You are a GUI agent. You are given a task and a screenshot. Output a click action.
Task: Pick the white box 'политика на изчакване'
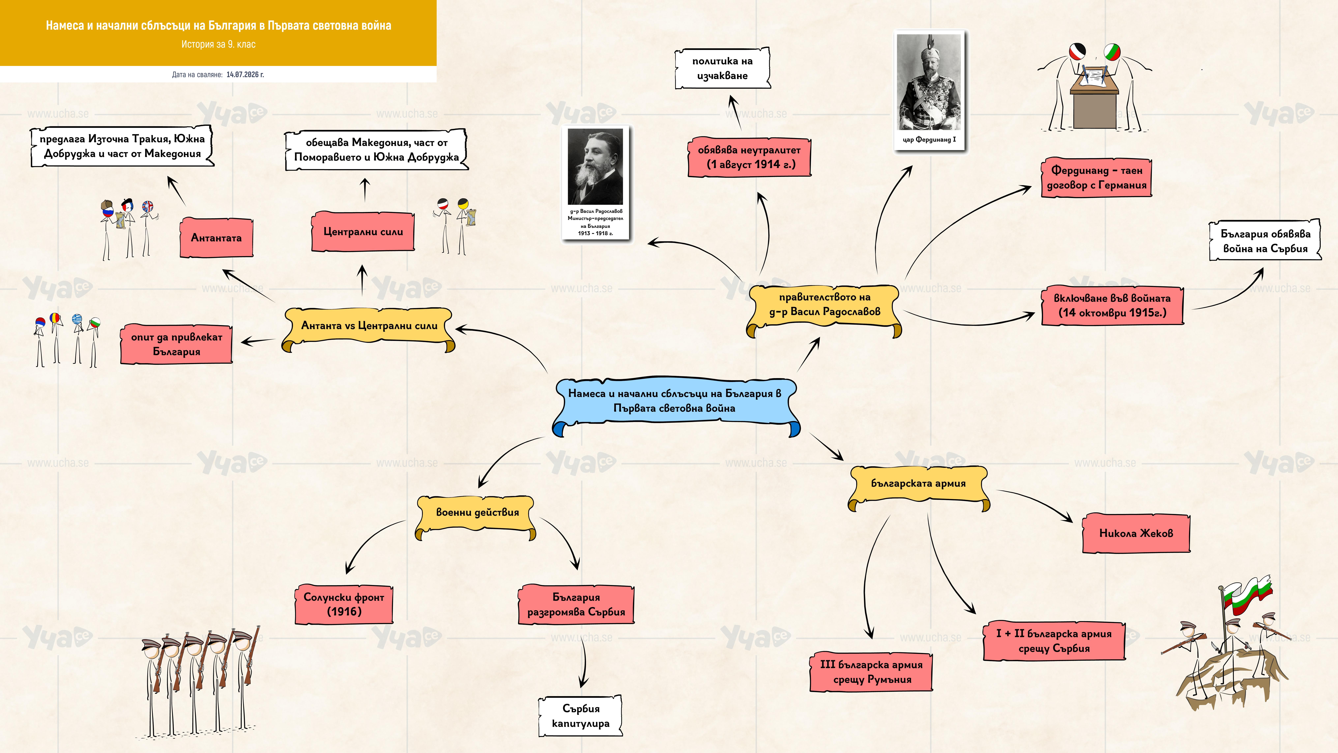click(723, 68)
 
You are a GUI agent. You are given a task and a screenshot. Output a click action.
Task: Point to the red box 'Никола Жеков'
click(1136, 533)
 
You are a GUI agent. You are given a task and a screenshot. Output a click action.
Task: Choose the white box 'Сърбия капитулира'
click(581, 716)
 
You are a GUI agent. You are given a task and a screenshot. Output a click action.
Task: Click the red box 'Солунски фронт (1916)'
click(344, 604)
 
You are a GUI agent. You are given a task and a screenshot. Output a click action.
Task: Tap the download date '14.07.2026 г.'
click(245, 74)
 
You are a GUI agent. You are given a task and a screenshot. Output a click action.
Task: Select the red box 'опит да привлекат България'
click(177, 344)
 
